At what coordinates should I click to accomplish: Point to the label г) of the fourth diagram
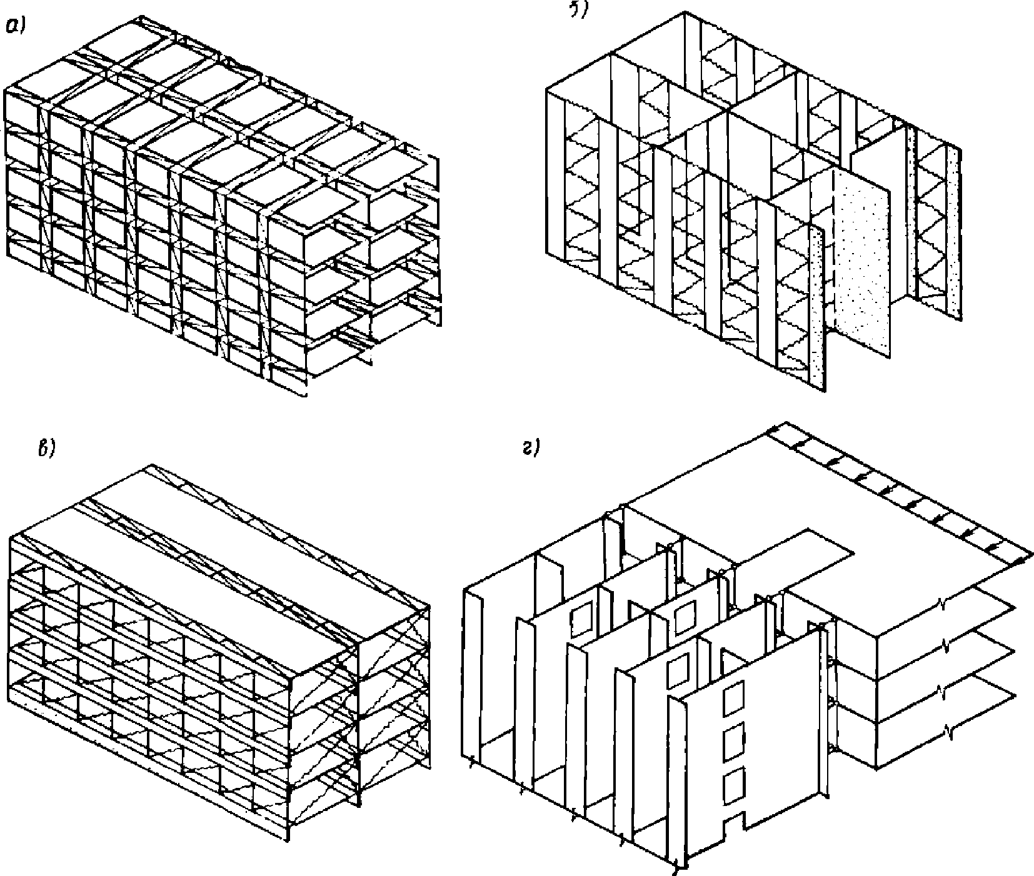(531, 449)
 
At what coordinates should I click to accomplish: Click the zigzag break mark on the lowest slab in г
(950, 728)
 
